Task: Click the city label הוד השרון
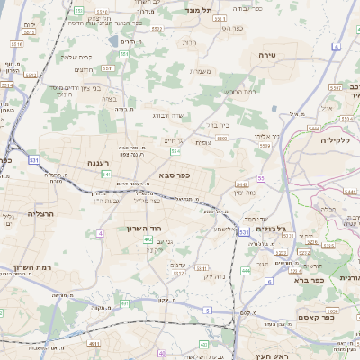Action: pyautogui.click(x=141, y=229)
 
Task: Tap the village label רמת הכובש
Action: pyautogui.click(x=238, y=92)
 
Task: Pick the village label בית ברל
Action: pyautogui.click(x=219, y=125)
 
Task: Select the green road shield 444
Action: pyautogui.click(x=246, y=269)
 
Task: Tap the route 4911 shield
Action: pyautogui.click(x=94, y=343)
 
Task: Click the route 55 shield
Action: pyautogui.click(x=261, y=179)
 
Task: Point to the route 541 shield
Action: pyautogui.click(x=105, y=174)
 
